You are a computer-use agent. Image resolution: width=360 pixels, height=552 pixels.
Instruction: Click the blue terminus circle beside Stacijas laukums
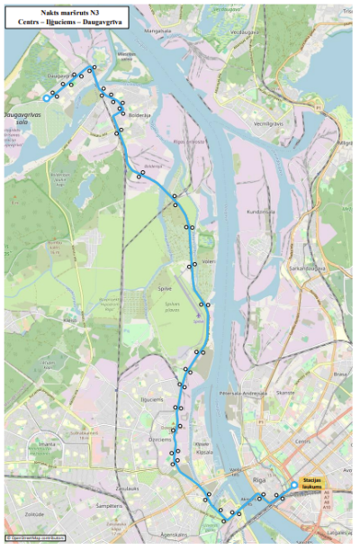click(x=293, y=486)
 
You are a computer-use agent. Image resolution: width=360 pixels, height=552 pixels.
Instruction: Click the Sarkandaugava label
click(x=307, y=268)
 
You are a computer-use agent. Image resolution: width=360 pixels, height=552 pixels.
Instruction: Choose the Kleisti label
click(x=70, y=321)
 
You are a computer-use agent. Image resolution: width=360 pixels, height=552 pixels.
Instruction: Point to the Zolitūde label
click(x=33, y=514)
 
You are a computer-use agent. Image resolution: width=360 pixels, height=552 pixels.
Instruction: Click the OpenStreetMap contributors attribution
click(x=35, y=538)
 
